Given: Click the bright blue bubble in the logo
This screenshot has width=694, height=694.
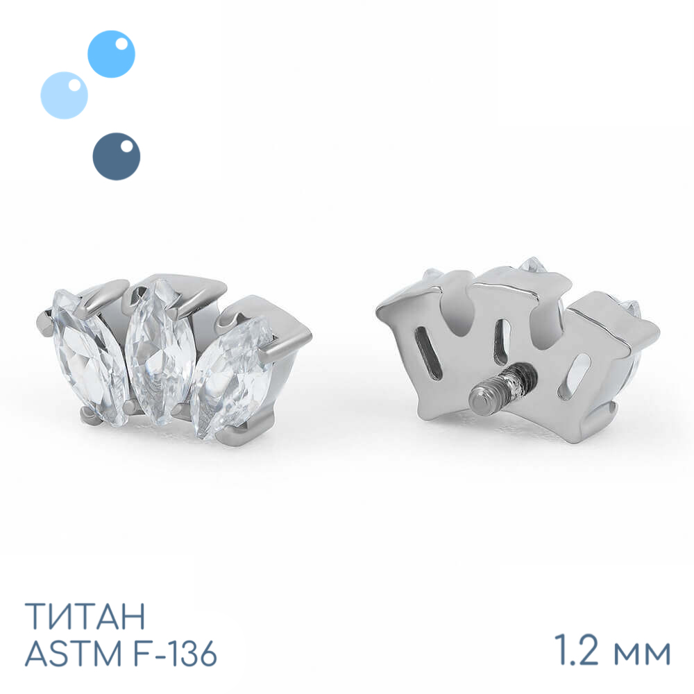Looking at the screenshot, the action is pos(111,54).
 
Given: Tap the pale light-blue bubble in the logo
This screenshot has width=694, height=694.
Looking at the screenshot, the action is pos(64,95).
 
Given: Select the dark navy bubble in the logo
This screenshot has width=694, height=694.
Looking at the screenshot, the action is pos(117,156).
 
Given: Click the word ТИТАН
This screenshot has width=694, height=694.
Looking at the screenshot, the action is pos(85,616).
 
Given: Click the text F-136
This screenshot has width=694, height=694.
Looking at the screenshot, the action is pos(169,653).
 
